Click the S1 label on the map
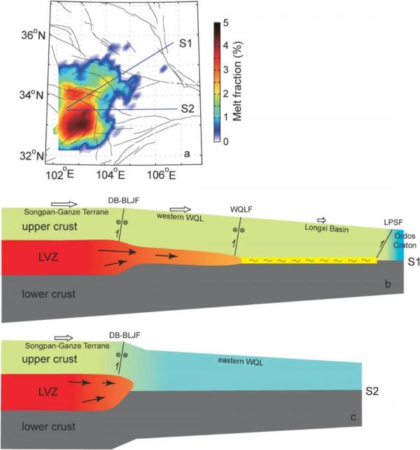pos(185,44)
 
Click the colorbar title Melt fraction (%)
pos(238,82)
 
